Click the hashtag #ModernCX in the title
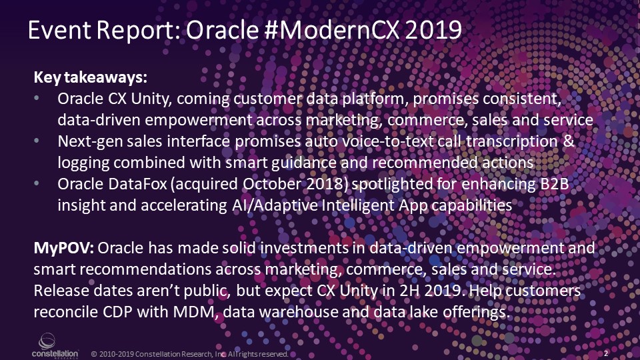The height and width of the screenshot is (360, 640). (331, 30)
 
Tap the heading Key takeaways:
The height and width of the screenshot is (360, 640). (90, 77)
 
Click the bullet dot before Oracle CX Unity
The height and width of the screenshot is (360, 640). (37, 98)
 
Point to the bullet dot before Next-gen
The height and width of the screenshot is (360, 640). (37, 141)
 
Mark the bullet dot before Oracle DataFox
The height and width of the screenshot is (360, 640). (37, 183)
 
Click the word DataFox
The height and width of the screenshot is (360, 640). (138, 184)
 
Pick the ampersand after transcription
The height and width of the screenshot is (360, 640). (569, 141)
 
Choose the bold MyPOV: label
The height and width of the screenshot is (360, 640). (64, 248)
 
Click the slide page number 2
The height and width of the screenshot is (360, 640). (606, 353)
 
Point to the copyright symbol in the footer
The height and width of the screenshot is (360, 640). (94, 354)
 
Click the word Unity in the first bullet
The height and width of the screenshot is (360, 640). (147, 99)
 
